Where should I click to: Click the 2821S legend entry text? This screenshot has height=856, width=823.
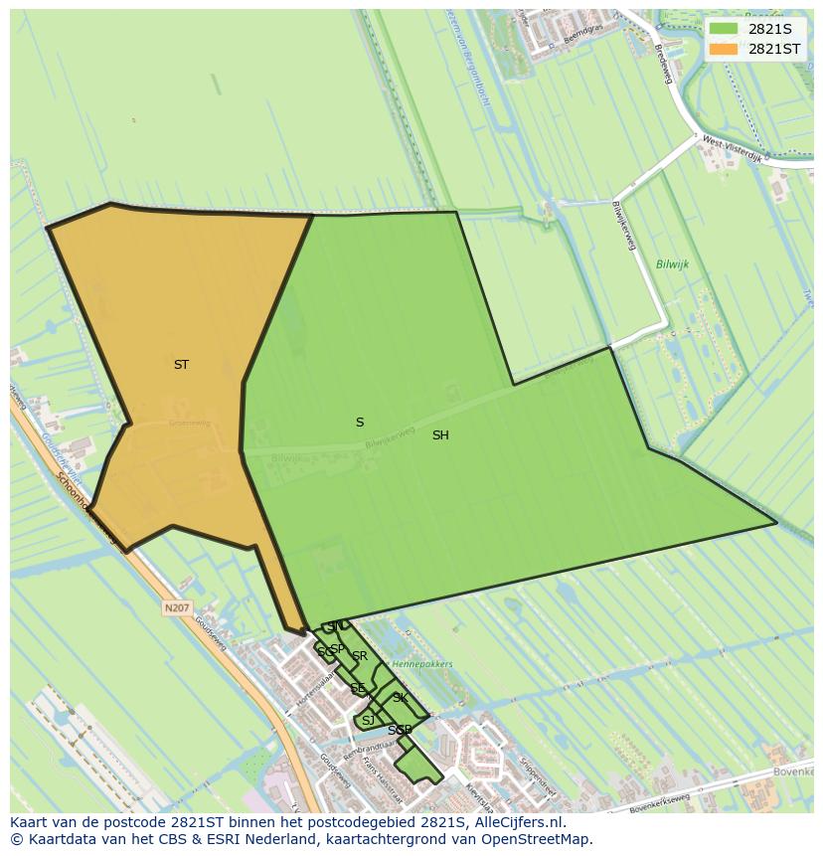[769, 29]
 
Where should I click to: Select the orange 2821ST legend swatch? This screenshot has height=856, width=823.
[724, 49]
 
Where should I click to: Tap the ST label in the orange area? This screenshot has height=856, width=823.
[181, 365]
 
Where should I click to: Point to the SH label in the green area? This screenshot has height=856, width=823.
[440, 435]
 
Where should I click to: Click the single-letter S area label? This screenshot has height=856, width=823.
[360, 423]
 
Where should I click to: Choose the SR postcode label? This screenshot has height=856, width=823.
[360, 656]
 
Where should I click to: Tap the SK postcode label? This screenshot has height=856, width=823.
[400, 698]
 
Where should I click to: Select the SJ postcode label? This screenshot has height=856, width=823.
[368, 721]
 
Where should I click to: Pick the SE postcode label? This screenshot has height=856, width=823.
[358, 688]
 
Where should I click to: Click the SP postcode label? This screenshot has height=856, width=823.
[338, 649]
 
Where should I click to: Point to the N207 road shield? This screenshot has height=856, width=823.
[177, 607]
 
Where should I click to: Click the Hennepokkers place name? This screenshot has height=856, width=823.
[422, 664]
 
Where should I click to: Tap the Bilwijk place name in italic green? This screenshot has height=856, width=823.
[672, 264]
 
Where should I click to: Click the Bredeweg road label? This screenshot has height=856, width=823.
[664, 64]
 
